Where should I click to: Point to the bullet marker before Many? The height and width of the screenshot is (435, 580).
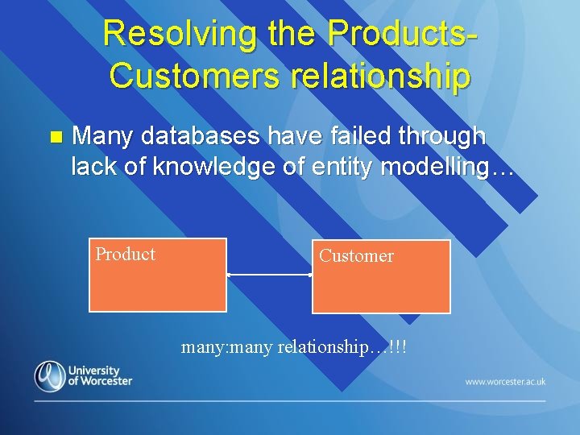(55, 137)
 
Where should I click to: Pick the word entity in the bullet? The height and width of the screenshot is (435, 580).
(342, 167)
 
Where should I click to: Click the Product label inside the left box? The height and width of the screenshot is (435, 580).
(125, 255)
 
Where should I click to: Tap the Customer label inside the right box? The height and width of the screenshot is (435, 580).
(356, 256)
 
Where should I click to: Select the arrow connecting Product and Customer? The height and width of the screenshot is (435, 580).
(269, 275)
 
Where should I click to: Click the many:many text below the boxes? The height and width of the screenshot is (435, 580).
(227, 347)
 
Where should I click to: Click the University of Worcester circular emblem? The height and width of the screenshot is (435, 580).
(49, 376)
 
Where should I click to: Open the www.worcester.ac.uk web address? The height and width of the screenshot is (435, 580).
(505, 381)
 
